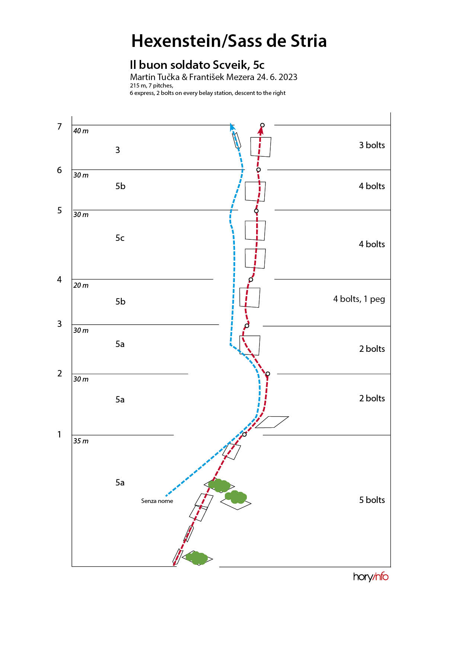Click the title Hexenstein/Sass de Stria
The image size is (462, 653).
click(229, 41)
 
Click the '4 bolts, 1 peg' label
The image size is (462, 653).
click(359, 299)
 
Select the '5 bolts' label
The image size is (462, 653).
click(372, 500)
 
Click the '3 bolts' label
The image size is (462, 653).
click(372, 145)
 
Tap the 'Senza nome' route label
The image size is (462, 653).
click(157, 501)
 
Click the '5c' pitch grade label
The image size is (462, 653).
click(120, 238)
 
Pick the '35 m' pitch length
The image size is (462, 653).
click(81, 441)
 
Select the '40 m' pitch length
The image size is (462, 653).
click(81, 131)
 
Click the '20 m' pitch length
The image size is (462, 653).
click(81, 286)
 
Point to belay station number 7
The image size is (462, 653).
click(59, 127)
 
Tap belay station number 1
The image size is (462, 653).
click(59, 434)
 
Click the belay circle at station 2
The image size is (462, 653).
click(268, 374)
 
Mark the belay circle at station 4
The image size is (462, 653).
click(251, 280)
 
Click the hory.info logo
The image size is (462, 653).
click(371, 577)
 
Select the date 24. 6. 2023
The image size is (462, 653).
click(277, 77)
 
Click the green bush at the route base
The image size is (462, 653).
click(197, 558)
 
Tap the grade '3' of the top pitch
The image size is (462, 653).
click(118, 150)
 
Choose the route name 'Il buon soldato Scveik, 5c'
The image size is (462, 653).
click(197, 65)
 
